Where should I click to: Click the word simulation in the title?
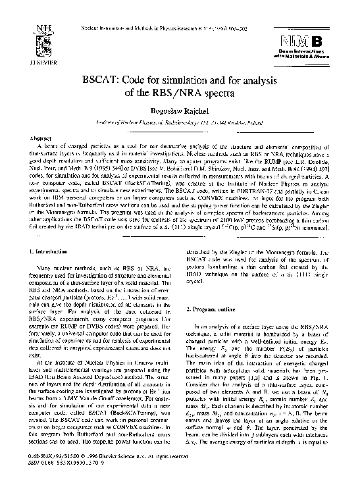(x=197, y=90)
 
